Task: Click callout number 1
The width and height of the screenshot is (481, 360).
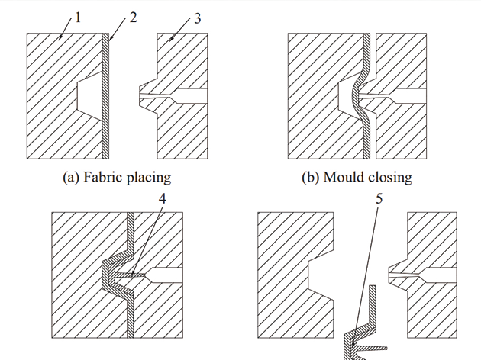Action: click(x=78, y=18)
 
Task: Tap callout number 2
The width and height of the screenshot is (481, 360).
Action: click(x=133, y=18)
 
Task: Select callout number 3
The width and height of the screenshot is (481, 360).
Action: click(x=198, y=18)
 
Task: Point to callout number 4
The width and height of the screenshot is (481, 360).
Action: click(x=163, y=199)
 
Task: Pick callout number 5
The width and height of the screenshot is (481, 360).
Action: click(x=379, y=199)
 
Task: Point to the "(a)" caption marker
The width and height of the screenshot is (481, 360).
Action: click(x=71, y=178)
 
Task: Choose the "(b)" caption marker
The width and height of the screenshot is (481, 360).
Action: click(x=311, y=178)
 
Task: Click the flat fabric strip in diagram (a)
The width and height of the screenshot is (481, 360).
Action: click(x=105, y=96)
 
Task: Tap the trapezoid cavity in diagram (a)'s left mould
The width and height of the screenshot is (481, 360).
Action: click(x=89, y=95)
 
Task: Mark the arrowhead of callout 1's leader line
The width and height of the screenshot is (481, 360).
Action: click(x=61, y=38)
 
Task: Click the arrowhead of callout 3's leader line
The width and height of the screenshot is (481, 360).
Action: click(x=171, y=39)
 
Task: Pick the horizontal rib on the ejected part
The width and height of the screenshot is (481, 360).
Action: click(x=372, y=349)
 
